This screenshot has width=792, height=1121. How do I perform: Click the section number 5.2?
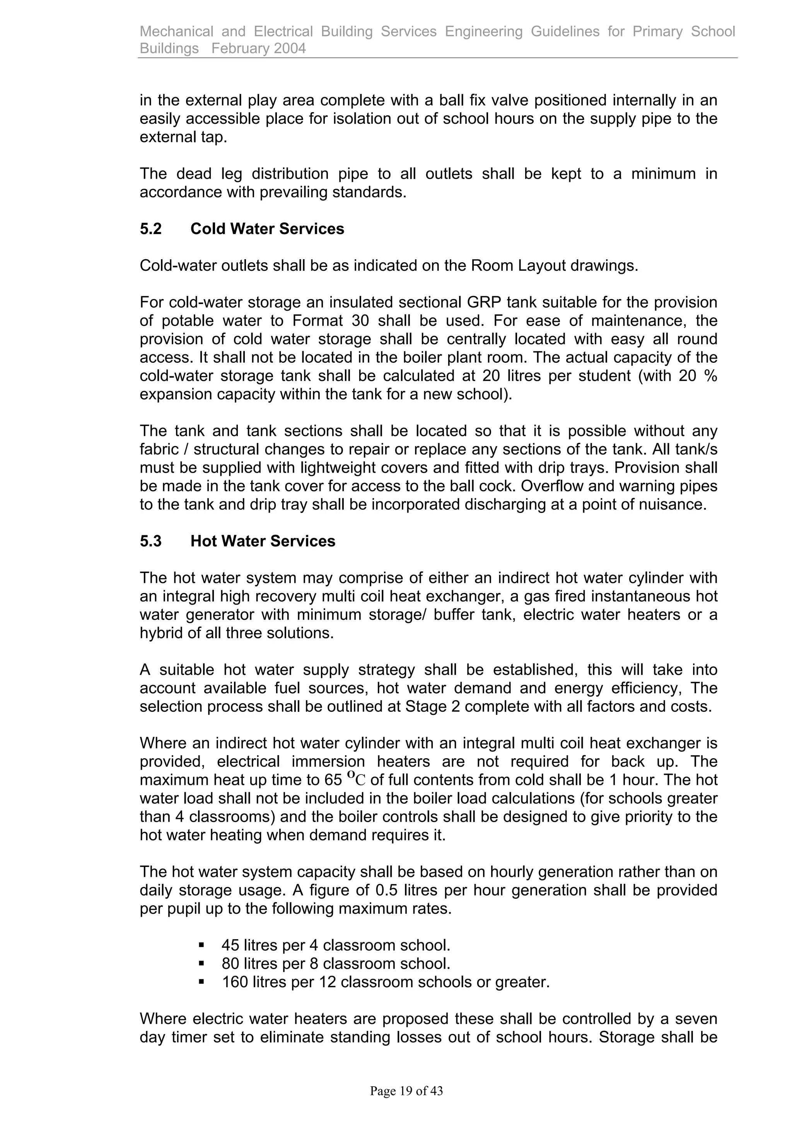tap(150, 229)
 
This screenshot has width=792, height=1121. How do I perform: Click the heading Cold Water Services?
tap(267, 229)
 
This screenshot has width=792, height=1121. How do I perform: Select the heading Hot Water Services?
tap(263, 541)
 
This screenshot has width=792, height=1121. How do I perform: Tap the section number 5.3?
tap(150, 541)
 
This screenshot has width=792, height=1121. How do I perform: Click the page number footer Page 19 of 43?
tap(406, 1091)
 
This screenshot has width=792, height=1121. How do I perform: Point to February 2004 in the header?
tap(259, 48)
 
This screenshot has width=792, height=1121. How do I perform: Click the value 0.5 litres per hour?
tap(428, 890)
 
